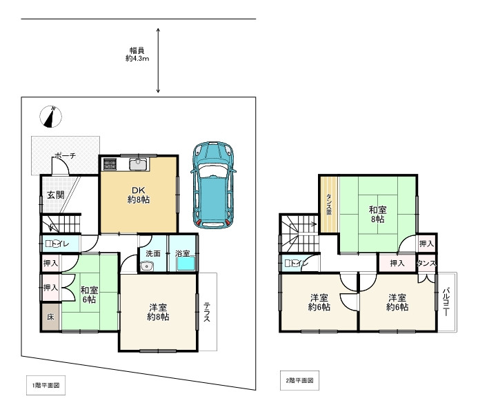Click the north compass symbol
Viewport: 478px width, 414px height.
tap(50, 117)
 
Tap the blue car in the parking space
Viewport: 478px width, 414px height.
tap(213, 185)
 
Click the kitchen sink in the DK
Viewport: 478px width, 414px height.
tap(139, 164)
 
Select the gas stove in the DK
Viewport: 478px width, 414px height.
tap(110, 164)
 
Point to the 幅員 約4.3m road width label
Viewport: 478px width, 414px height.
tap(137, 55)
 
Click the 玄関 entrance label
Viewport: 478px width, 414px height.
tap(56, 195)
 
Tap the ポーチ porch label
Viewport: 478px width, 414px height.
tap(66, 156)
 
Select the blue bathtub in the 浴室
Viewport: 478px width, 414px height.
tap(186, 264)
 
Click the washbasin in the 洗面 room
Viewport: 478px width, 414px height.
tap(147, 267)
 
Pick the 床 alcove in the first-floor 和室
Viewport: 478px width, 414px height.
tap(51, 317)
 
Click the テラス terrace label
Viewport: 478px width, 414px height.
tap(207, 312)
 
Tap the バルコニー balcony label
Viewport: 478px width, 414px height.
tap(446, 302)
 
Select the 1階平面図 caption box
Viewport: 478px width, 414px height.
tap(46, 385)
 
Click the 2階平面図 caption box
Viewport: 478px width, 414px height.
tap(299, 380)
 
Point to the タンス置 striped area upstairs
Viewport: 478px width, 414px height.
tap(328, 204)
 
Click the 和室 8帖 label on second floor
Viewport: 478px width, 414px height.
tap(378, 215)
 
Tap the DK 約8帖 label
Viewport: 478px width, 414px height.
tap(139, 195)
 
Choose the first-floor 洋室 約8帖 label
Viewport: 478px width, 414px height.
tap(158, 312)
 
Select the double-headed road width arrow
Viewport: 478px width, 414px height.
tap(158, 60)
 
